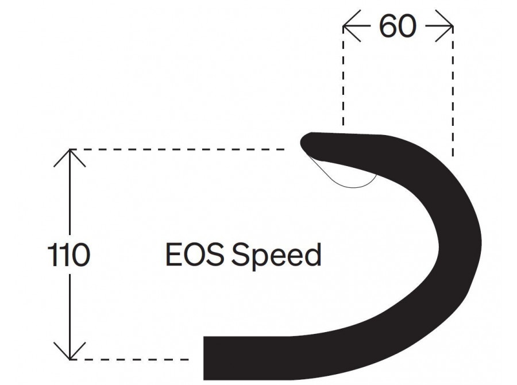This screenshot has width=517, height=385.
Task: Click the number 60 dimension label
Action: coord(398,26)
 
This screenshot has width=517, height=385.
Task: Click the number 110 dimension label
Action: coord(69,255)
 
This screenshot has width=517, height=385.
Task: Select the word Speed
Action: coord(276,256)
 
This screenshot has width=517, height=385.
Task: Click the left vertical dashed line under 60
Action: coord(344,75)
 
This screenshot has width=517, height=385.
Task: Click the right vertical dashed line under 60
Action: coord(453,91)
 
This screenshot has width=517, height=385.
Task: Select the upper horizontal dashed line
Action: coord(177,149)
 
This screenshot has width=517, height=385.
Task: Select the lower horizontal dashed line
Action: coord(129,359)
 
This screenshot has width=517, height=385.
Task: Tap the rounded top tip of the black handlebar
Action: coord(303,142)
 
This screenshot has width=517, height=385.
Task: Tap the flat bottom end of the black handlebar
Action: coord(205,358)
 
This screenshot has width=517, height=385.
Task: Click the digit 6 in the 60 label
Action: coord(389,26)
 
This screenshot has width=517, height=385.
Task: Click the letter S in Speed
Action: coord(241,255)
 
